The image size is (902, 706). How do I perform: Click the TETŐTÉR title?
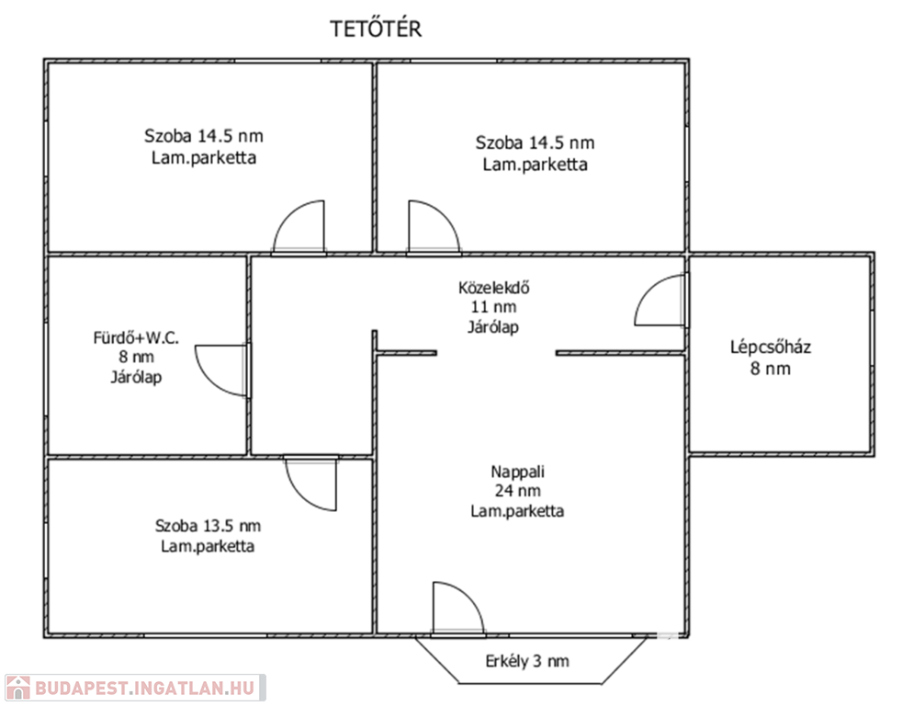pos(376,28)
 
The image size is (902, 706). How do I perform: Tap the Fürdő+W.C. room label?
pos(136,337)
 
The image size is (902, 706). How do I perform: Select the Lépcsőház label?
pos(771,347)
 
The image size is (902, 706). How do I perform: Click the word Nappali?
pos(518,473)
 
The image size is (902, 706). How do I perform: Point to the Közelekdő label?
pos(494,288)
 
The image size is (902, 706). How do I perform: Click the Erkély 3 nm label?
pos(527,661)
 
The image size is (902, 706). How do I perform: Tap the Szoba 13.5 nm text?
pos(208,526)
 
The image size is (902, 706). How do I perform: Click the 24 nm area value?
pos(518,491)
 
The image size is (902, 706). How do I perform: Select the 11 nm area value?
pos(494,307)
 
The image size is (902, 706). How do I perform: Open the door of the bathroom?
pos(222,370)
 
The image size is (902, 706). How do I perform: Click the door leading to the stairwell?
pos(661,300)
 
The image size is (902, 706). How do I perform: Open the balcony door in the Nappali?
pos(458,609)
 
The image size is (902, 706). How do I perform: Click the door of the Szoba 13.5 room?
pos(310,484)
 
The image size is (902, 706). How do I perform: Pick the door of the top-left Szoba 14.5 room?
pos(299,227)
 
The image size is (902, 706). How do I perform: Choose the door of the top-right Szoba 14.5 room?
pos(434,227)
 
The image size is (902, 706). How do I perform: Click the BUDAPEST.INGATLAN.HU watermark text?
pos(145,689)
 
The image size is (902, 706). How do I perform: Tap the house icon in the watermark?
pos(17,688)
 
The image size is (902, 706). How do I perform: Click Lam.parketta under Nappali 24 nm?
pos(518,511)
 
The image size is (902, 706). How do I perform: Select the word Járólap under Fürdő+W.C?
pos(136,377)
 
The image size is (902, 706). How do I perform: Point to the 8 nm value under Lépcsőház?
pos(771,369)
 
